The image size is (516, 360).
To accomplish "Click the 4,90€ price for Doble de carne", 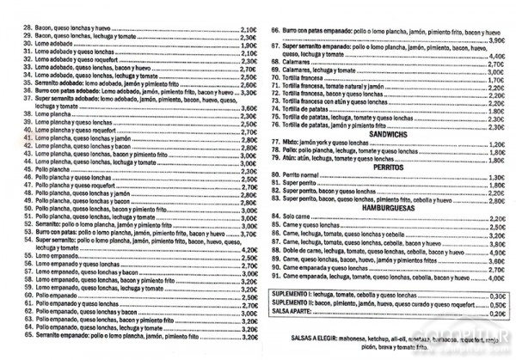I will click(x=497, y=253).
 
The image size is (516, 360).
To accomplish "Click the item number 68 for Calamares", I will click(x=276, y=63).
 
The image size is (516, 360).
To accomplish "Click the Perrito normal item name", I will click(x=304, y=177).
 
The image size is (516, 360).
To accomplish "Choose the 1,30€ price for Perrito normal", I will click(x=497, y=177).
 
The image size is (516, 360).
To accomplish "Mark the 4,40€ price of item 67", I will click(x=497, y=55).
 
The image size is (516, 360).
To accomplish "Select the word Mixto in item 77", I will click(x=292, y=143).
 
